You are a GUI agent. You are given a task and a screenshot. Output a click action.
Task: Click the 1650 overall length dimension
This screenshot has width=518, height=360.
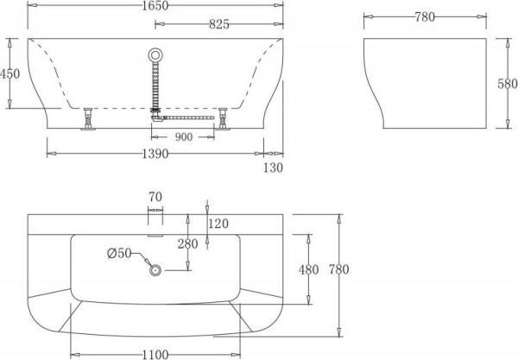click(x=156, y=6)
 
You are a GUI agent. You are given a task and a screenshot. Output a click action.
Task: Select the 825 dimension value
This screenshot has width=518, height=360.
click(x=218, y=24)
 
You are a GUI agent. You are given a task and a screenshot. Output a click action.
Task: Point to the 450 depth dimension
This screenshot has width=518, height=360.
click(x=9, y=74)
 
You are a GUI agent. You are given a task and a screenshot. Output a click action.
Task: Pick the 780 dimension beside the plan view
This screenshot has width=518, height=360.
click(x=338, y=270)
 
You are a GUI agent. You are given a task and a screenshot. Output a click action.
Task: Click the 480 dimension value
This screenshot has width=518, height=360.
click(x=308, y=270)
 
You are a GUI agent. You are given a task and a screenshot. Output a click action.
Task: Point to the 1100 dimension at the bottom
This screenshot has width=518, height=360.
click(x=155, y=354)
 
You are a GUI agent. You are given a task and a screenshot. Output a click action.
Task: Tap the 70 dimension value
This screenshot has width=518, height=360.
click(x=155, y=198)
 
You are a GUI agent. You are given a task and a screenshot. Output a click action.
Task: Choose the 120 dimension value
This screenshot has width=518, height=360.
click(x=219, y=224)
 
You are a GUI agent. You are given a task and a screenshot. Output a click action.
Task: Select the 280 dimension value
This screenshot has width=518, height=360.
click(x=187, y=243)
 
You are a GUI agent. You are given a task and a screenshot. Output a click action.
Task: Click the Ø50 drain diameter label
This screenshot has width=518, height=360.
click(x=119, y=253)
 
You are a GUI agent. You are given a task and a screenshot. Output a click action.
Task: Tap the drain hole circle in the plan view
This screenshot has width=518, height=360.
click(x=156, y=270)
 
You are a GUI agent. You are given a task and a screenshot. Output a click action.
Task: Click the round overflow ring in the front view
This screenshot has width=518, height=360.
click(x=156, y=54)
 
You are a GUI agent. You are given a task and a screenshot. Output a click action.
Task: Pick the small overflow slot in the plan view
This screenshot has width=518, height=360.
click(x=156, y=232)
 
